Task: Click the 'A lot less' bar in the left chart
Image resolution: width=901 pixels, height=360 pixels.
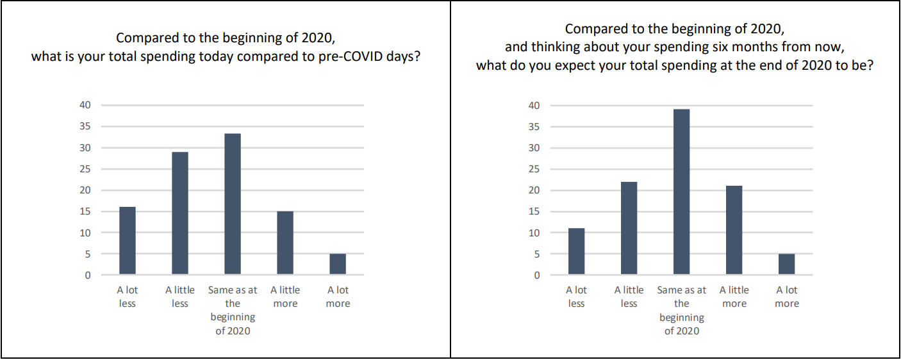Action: coord(128,241)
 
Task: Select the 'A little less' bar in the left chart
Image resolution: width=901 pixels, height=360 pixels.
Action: coord(180,213)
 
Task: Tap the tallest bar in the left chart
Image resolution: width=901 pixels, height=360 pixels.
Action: coord(233,204)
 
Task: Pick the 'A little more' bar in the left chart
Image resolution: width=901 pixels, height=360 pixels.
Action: coord(285,243)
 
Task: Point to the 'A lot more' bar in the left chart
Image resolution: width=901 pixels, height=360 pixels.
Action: coord(338,264)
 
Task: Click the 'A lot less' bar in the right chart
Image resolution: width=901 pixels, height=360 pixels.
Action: coord(576,251)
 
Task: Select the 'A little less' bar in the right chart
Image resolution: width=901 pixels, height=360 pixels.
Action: coord(629,228)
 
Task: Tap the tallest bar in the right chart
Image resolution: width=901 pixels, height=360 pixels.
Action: coord(682,192)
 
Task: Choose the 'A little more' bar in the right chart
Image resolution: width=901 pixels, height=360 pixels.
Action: coord(734,230)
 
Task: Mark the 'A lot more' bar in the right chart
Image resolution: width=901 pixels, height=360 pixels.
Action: coord(787,265)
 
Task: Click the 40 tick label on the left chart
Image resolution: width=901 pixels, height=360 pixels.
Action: coord(85,105)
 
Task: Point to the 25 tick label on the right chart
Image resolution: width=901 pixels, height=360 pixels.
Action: coord(534,169)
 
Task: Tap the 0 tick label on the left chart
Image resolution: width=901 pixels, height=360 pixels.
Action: coord(88,275)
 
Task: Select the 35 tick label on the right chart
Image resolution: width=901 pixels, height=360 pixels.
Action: coord(534,126)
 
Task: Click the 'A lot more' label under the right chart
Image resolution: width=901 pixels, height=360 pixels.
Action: coord(787,297)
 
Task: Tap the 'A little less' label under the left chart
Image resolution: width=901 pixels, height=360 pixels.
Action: coord(180,297)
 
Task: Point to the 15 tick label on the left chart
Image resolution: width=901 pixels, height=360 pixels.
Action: coord(85,211)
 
